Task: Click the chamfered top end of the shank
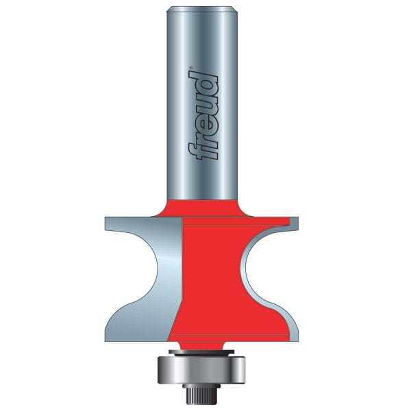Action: click(x=205, y=8)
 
